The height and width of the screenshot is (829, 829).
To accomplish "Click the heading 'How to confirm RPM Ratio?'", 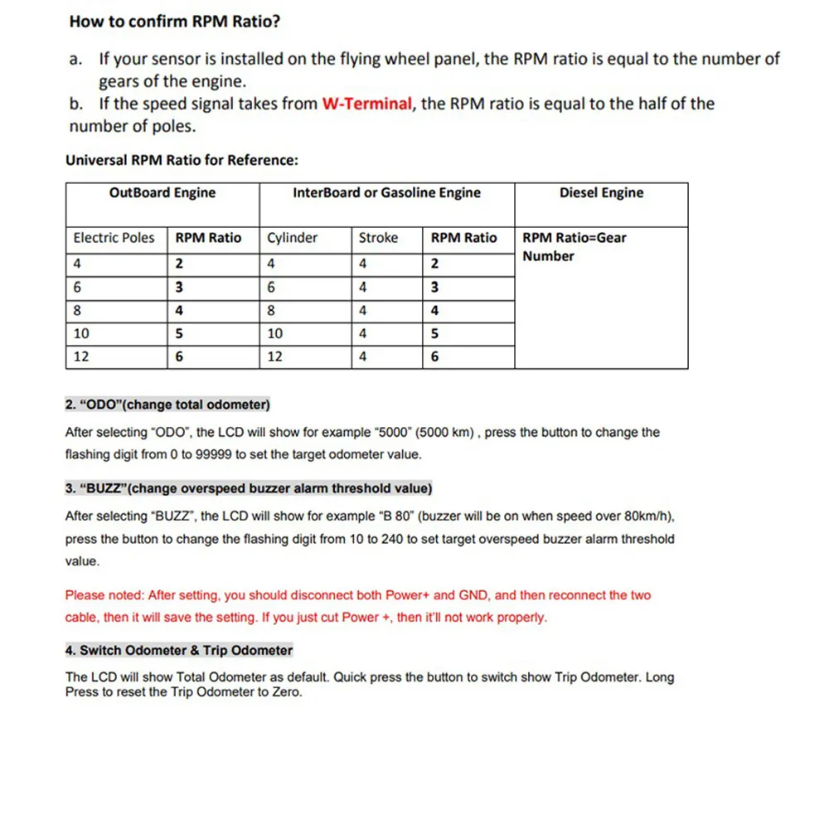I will (174, 22).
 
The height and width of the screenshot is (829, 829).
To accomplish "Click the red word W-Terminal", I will (367, 104).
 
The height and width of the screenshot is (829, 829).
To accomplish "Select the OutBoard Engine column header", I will (162, 193).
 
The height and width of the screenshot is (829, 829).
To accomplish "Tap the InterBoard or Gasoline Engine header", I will (386, 193).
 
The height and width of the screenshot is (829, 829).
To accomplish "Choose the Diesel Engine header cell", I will (601, 193).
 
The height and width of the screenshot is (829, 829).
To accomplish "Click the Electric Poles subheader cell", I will (114, 238).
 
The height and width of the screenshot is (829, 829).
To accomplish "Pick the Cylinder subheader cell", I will (292, 238).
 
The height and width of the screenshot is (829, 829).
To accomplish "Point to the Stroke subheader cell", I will (378, 238).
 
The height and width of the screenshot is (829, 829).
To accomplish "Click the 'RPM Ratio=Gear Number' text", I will (574, 247).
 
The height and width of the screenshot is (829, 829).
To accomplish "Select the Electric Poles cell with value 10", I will (81, 334).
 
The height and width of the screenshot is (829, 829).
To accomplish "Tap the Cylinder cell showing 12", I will (274, 357).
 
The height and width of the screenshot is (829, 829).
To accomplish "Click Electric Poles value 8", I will (77, 311).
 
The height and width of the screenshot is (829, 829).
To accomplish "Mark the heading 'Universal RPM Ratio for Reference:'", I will (182, 160).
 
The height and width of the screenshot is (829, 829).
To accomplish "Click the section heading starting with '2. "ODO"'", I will (167, 405).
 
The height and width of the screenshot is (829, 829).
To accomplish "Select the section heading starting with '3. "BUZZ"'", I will (248, 488).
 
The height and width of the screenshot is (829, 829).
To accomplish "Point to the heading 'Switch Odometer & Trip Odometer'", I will (186, 651).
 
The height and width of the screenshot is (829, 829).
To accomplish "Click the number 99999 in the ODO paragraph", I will (218, 455).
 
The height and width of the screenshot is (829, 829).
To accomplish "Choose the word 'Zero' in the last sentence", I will (285, 692).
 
